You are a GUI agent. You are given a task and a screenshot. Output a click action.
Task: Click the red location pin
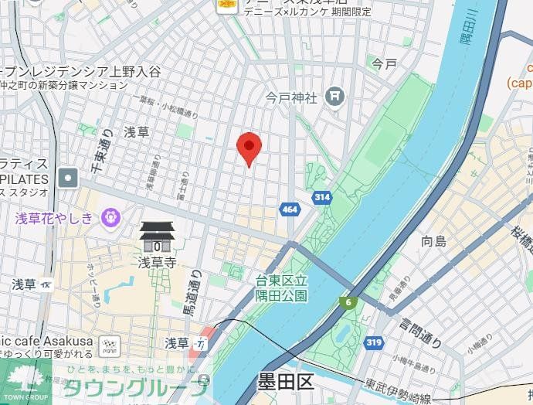pos(249,147)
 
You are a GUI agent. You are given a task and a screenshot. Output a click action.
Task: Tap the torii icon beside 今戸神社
pos(335,97)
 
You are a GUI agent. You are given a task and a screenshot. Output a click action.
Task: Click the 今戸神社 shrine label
pos(292,97)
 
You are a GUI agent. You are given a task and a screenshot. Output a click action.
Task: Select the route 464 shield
pos(290,209)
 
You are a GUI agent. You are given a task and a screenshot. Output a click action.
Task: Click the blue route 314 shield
pos(322,198)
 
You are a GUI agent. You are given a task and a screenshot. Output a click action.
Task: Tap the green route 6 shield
pos(350,302)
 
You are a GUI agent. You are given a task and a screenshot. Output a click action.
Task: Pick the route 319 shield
pos(375,341)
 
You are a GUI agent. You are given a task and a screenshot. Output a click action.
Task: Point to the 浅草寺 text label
pos(157,262)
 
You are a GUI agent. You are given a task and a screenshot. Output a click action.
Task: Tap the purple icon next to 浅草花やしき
pos(111,218)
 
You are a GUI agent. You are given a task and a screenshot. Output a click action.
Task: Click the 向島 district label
pos(433,241)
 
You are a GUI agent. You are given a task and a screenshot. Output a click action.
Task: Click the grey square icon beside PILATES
pos(69,178)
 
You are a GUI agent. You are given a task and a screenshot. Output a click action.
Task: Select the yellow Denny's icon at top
pos(226,5)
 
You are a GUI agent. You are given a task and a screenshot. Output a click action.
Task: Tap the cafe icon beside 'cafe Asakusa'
pos(113,345)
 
